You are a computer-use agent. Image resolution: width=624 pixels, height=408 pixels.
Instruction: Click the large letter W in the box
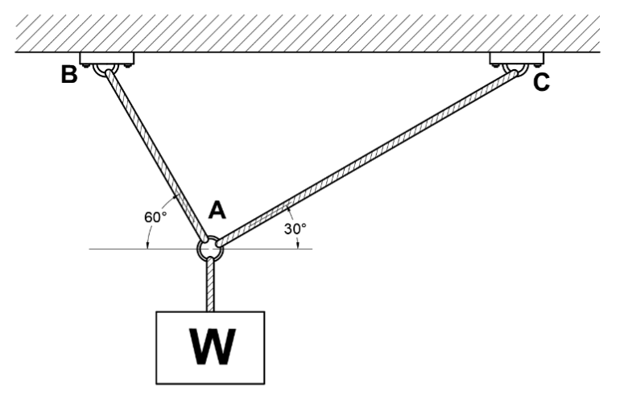(210, 345)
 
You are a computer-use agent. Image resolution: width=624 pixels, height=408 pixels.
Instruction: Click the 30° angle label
(295, 229)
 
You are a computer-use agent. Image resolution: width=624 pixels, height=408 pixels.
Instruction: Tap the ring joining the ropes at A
(210, 247)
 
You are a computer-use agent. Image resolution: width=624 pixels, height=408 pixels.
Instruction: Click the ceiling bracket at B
(106, 59)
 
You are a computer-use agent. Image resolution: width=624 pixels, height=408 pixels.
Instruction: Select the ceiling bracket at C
(517, 59)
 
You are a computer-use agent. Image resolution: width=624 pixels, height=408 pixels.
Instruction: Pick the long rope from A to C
(362, 158)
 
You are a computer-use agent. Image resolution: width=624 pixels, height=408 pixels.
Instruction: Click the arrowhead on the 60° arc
(147, 242)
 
